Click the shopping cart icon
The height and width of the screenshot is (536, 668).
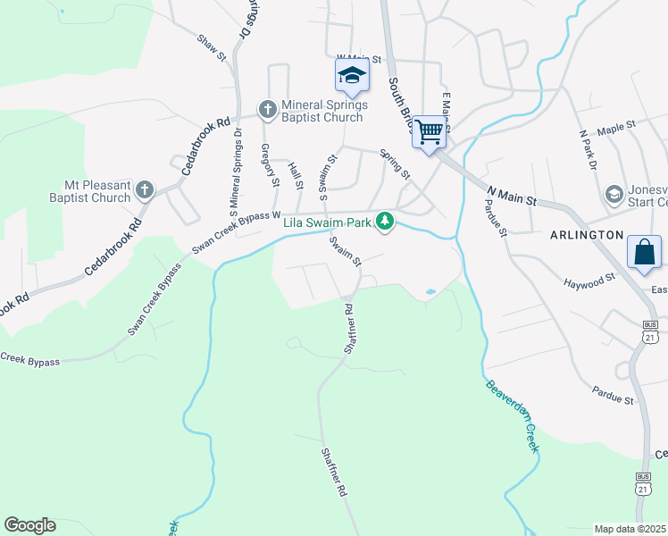click(x=430, y=132)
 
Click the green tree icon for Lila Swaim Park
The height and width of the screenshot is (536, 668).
click(x=385, y=221)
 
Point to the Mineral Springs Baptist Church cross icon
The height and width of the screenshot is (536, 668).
click(x=266, y=110)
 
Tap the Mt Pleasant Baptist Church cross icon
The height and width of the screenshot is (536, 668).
click(x=145, y=190)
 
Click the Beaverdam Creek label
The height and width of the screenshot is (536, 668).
click(x=513, y=417)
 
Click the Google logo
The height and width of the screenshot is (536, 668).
click(x=29, y=525)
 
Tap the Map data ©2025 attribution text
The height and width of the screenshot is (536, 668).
click(x=630, y=529)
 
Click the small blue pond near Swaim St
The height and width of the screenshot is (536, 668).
click(x=430, y=291)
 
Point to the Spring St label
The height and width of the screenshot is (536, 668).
click(x=395, y=163)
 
